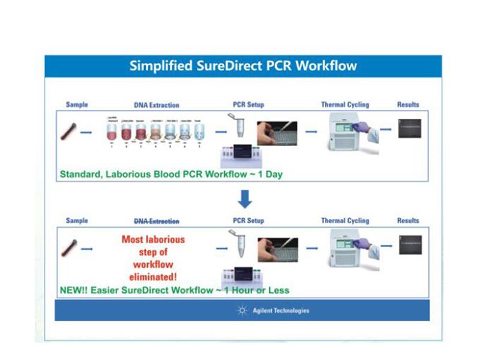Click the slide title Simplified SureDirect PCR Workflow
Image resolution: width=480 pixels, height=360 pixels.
[243, 66]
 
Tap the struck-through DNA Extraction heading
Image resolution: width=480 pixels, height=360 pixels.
[156, 221]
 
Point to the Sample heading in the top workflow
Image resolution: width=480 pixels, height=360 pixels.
[77, 105]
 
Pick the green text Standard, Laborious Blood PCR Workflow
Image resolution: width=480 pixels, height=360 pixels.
[171, 175]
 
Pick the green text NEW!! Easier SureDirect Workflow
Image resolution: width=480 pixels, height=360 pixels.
[175, 290]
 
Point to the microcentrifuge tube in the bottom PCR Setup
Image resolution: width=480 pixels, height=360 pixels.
[239, 245]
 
